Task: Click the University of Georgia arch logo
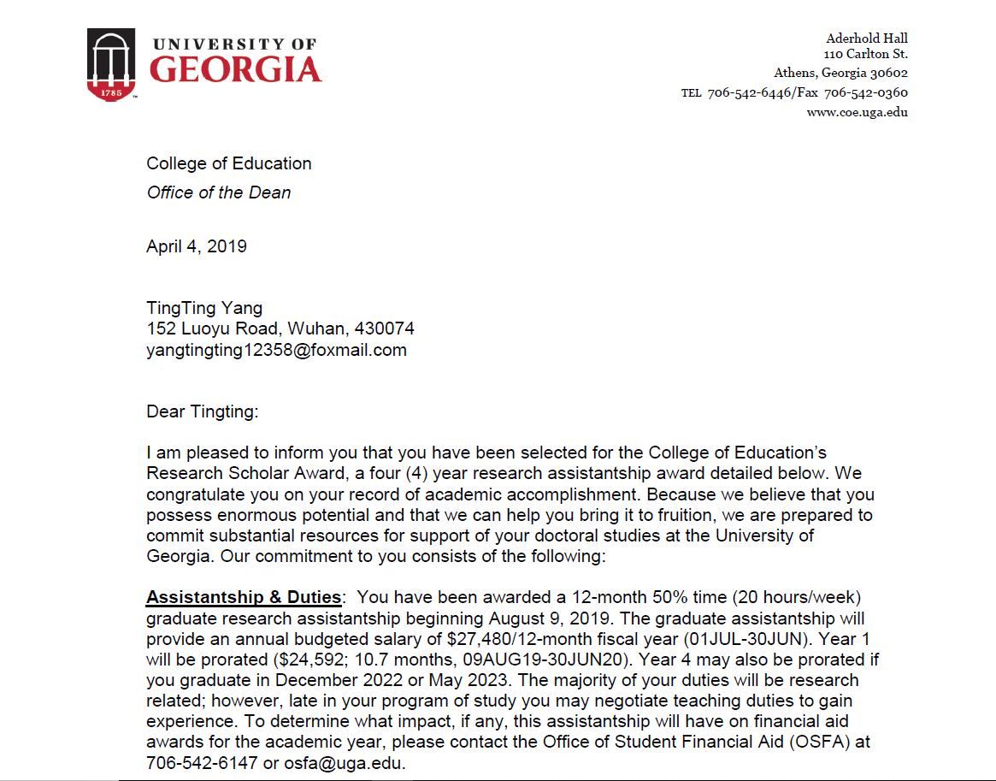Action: [111, 64]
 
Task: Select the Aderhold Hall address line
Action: [867, 38]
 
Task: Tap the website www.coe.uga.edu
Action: [857, 111]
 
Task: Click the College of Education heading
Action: [229, 163]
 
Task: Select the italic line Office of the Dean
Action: [219, 192]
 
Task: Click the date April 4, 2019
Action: [197, 246]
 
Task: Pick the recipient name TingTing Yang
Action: [204, 308]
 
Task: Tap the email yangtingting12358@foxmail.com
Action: [276, 350]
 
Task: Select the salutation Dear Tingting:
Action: [202, 411]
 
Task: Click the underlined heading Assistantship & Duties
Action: [244, 597]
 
